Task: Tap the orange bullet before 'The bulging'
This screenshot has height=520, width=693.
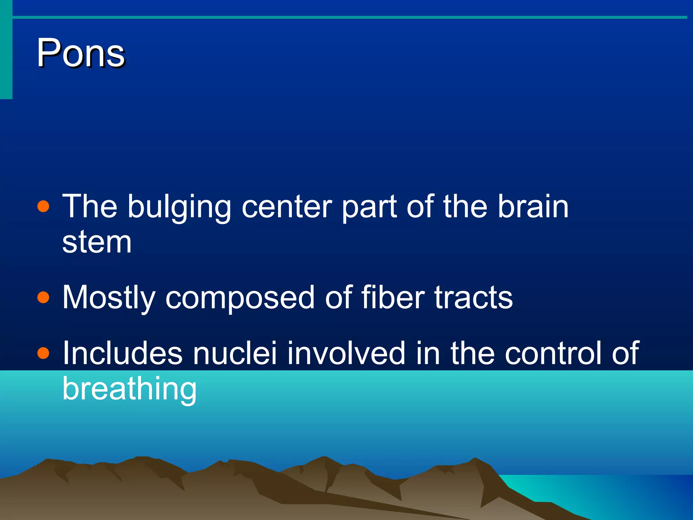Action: [x=43, y=206]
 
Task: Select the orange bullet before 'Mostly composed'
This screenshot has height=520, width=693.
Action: [x=43, y=297]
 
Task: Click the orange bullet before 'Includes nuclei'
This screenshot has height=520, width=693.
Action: [x=43, y=353]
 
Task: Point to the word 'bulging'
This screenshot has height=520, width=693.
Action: [x=179, y=207]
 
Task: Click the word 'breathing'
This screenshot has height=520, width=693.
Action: [x=129, y=389]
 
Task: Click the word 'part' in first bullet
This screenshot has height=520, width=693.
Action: [x=369, y=207]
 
